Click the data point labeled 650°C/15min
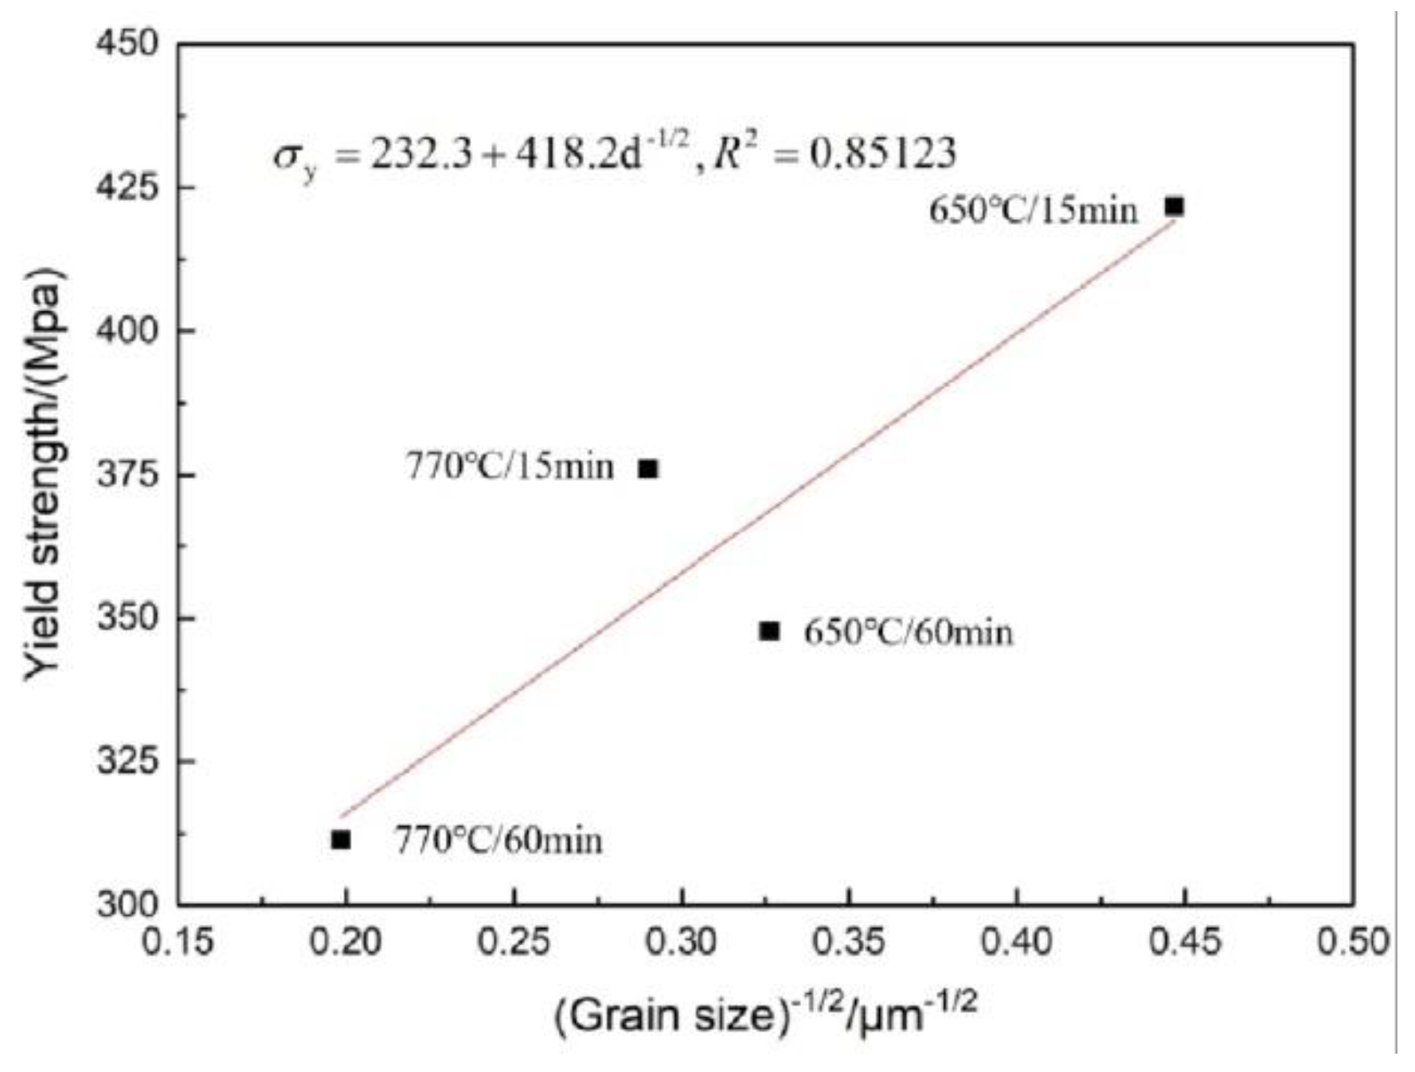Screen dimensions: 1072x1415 click(x=1174, y=207)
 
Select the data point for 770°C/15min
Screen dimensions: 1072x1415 click(x=649, y=469)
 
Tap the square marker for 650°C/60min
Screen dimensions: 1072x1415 click(x=769, y=631)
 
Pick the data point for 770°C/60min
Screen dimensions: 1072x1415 click(x=341, y=839)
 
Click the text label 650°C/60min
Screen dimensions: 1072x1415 click(x=908, y=633)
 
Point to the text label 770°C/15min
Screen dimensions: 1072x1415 click(x=510, y=467)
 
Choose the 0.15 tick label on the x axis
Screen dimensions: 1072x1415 click(x=178, y=942)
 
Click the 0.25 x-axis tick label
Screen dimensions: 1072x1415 click(x=514, y=942)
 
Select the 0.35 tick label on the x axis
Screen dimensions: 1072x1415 click(x=849, y=942)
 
